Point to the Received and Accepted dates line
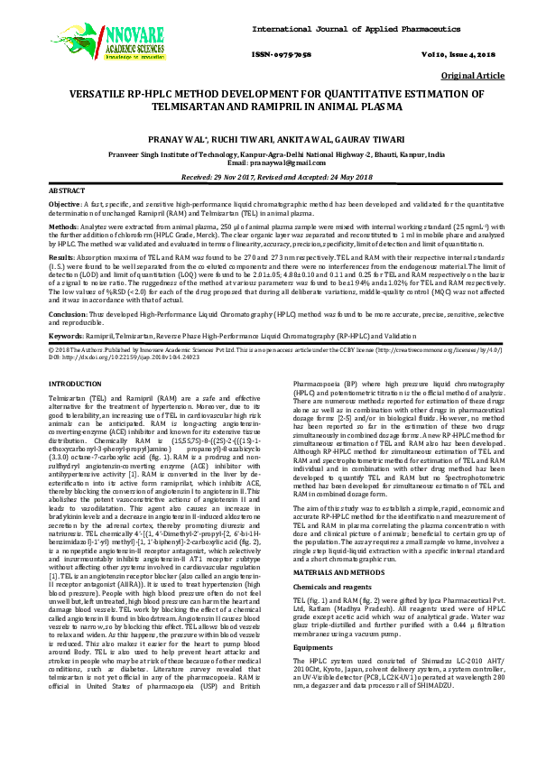[268, 178]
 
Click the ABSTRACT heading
[66, 192]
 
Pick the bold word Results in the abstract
[63, 257]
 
